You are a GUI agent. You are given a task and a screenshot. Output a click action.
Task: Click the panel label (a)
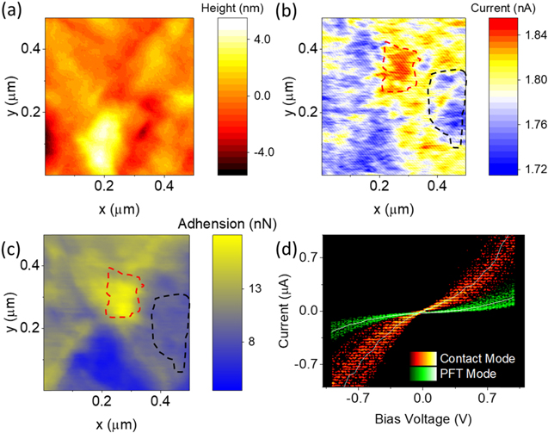[x=20, y=13]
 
